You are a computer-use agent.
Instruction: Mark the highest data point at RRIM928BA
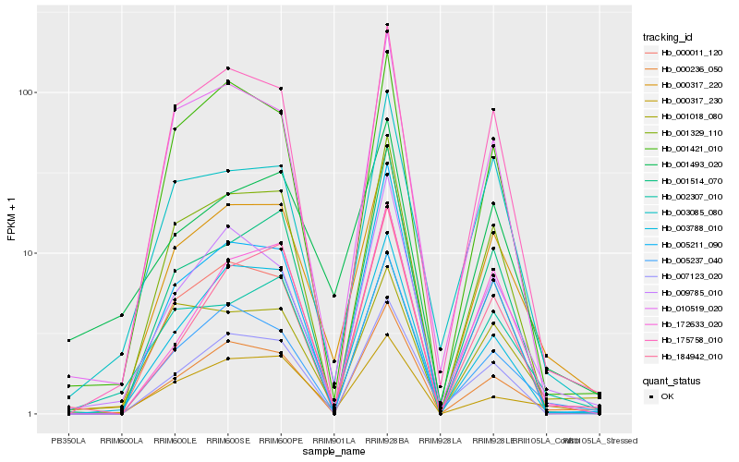coord(387,25)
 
